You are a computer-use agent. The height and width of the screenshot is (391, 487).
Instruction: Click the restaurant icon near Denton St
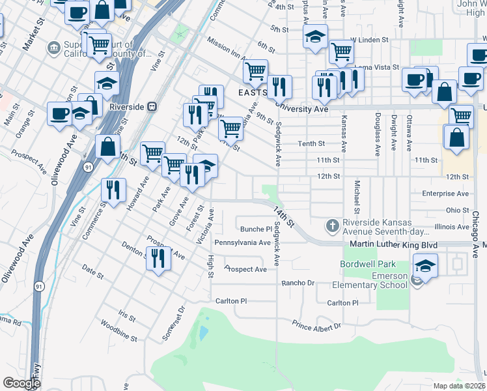pyautogui.click(x=159, y=259)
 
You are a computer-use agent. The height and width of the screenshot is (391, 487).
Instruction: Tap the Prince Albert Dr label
pyautogui.click(x=317, y=325)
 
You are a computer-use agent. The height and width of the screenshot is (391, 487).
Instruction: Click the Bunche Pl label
pyautogui.click(x=256, y=229)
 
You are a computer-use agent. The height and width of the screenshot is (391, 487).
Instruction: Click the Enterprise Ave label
pyautogui.click(x=445, y=194)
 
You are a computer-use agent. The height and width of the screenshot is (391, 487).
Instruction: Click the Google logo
pyautogui.click(x=21, y=383)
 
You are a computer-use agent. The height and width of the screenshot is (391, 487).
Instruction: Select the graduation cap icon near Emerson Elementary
pyautogui.click(x=426, y=266)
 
